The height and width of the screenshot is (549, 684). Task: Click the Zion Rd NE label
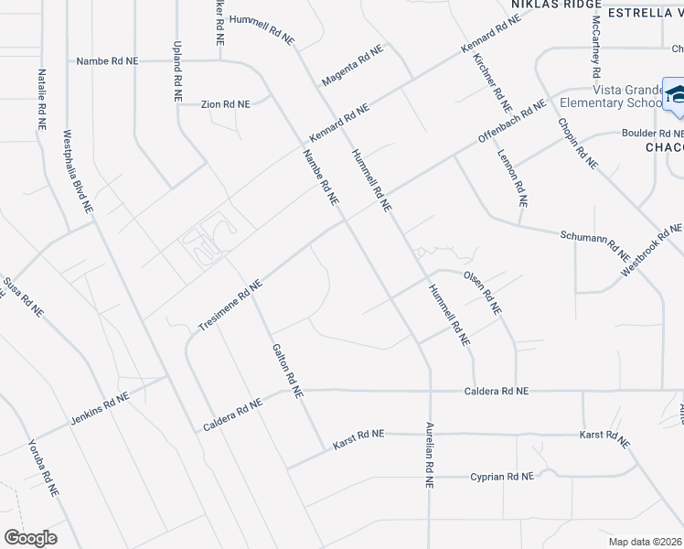(225, 105)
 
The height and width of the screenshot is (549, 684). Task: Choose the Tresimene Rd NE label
(230, 305)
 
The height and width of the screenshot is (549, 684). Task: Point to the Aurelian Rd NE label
(427, 455)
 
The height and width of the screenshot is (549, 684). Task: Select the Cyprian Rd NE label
(501, 477)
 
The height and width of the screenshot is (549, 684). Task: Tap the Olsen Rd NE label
(483, 292)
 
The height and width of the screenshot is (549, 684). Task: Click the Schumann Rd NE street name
(595, 242)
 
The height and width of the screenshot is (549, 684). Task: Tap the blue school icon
(678, 97)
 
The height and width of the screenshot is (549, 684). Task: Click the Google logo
(30, 538)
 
